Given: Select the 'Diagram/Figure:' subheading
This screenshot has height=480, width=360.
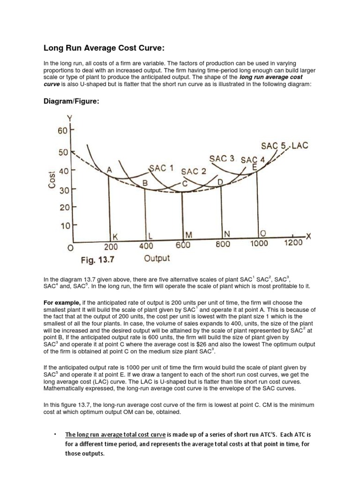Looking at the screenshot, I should click(x=72, y=102).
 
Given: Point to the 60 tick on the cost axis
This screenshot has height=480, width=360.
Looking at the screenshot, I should click(x=63, y=131).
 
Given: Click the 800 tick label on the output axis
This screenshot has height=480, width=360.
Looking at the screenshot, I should click(x=223, y=244).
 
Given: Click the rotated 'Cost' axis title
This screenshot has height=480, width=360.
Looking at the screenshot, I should click(x=52, y=179).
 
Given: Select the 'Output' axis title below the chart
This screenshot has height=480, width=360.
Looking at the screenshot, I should click(x=157, y=258).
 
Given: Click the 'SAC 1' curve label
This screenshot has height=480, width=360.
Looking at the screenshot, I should click(x=162, y=168).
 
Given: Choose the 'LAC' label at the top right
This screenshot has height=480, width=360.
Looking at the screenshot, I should click(x=300, y=146).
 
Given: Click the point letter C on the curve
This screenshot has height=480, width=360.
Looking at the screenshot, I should click(x=185, y=184).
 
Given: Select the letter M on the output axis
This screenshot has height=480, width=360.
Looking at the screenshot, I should click(x=189, y=234).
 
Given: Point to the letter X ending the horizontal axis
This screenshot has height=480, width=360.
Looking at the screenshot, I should click(x=308, y=236).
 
